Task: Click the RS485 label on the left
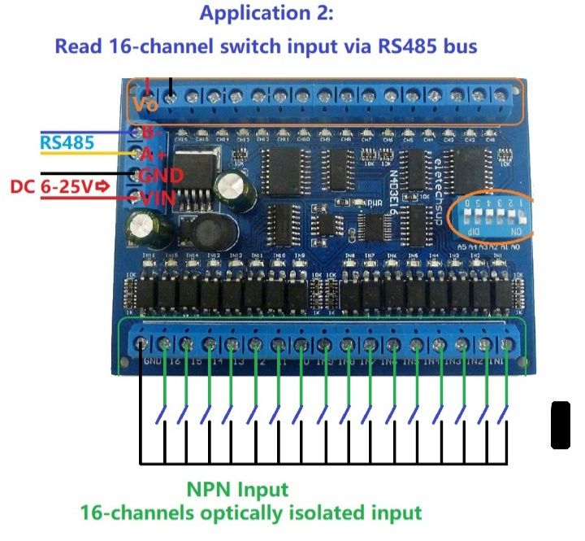tap(67, 143)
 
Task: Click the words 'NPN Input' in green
tap(237, 490)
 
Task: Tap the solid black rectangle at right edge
tap(560, 424)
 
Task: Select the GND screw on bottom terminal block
tap(144, 343)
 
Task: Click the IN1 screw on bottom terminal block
tap(509, 343)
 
